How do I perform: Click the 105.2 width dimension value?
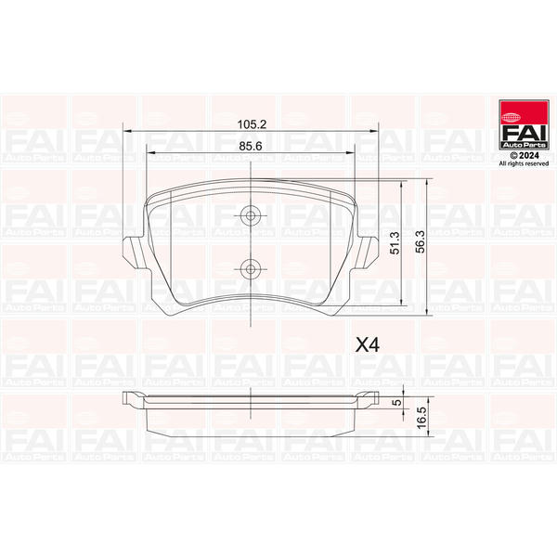(252, 124)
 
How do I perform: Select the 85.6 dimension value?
(250, 146)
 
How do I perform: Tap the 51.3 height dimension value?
(395, 243)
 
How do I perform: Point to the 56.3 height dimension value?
(421, 241)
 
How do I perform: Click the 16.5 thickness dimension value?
(421, 418)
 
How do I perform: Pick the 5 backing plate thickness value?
(398, 402)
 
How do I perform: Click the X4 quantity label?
(368, 345)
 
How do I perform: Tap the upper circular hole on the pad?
(251, 215)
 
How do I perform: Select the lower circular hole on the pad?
(251, 269)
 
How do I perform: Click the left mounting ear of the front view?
(136, 253)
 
